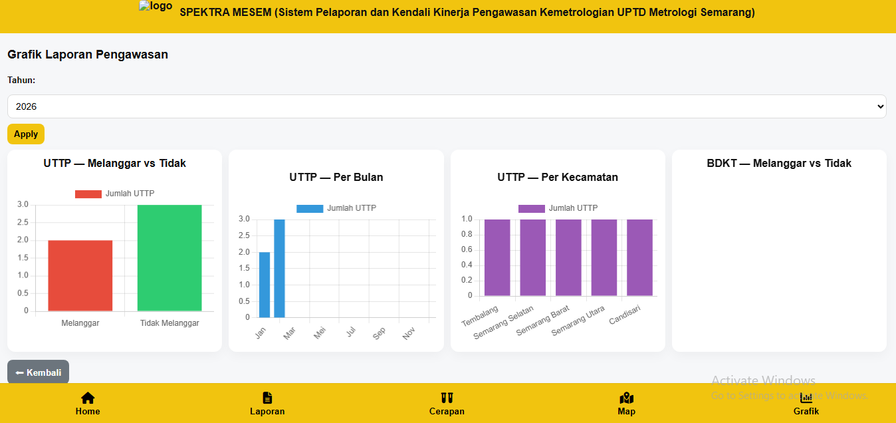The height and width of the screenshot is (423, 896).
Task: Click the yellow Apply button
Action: point(26,134)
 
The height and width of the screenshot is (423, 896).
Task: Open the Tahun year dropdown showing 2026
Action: point(447,106)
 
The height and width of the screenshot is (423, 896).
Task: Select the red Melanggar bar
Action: point(80,275)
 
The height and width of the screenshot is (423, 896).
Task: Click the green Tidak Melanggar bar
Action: point(169,258)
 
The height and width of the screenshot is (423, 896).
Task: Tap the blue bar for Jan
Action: point(265,285)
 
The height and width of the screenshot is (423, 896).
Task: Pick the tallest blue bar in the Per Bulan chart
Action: point(280,268)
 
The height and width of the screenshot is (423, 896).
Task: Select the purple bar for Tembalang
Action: point(497,257)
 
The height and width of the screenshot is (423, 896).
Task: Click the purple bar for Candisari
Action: point(639,257)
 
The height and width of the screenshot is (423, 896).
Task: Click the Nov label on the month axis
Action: point(409,333)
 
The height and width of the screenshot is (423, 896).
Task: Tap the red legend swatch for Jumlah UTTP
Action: point(88,194)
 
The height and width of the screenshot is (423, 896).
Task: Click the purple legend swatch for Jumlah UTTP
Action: point(531,208)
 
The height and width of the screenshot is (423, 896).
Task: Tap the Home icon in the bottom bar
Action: point(88,398)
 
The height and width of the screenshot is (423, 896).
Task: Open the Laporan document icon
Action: point(267,398)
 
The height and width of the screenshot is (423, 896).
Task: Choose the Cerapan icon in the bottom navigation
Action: point(447,398)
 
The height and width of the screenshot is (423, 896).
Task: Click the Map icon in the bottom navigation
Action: point(626,398)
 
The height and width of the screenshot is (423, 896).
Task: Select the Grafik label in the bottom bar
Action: point(806,411)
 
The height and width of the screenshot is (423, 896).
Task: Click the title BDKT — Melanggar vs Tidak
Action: point(779,164)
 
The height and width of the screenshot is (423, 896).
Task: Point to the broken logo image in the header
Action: point(156,7)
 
